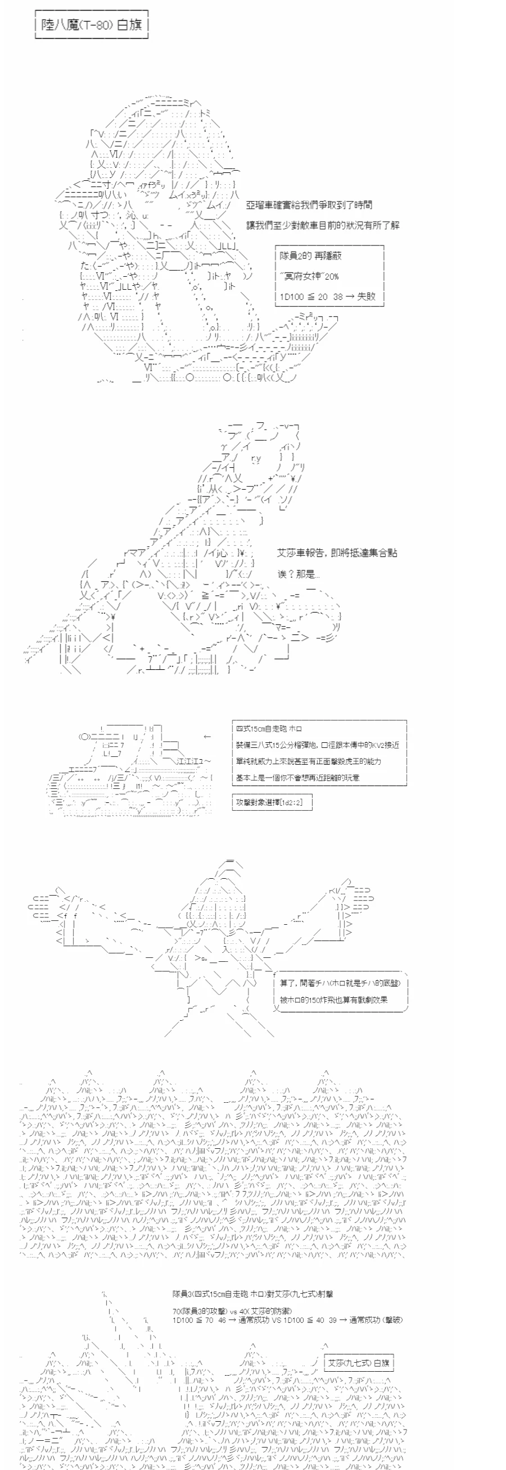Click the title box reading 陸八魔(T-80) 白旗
coord(92,25)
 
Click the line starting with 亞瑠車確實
coord(309,205)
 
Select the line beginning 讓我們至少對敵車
coord(323,225)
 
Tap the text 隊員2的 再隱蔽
coord(310,255)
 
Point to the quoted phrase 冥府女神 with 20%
coord(309,276)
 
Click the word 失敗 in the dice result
coord(367,296)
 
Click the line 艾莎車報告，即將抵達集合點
coord(337,553)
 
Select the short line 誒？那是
coord(298,574)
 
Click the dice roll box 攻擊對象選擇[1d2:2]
coord(272,802)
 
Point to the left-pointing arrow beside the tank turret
coord(207,737)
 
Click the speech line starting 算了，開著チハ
coord(340,983)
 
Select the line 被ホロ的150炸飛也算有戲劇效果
coord(333,999)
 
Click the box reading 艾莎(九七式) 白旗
coord(359,1363)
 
